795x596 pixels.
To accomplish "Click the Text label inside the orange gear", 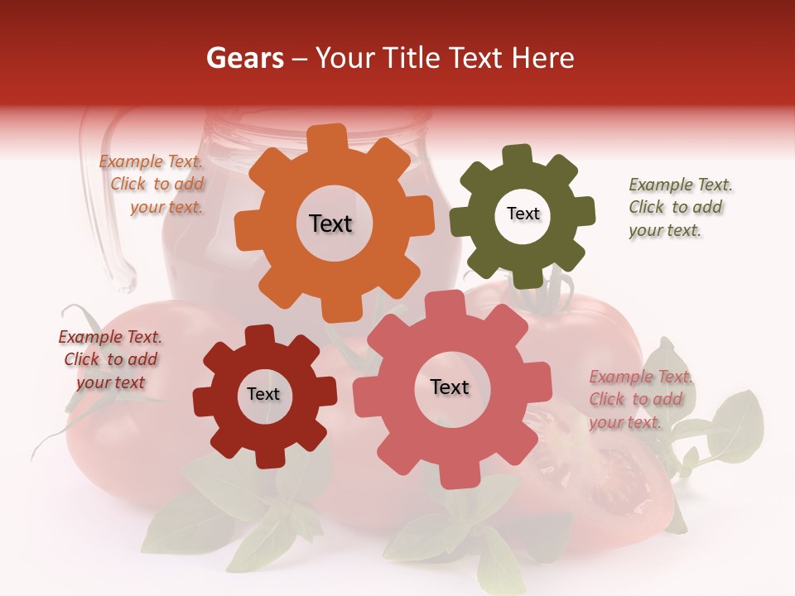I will tap(330, 223).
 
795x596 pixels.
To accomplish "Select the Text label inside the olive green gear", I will tap(523, 214).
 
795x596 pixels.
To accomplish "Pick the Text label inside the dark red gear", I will tap(263, 394).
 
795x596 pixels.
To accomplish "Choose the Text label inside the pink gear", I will tap(450, 387).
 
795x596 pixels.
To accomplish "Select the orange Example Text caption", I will tap(154, 185).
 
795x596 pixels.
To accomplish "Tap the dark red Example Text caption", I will tap(110, 359).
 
